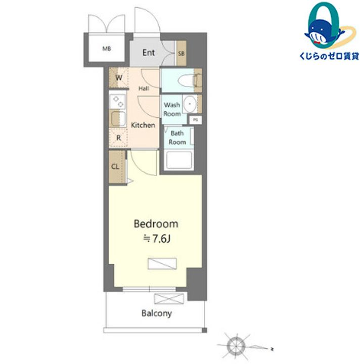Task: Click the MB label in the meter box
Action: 107,49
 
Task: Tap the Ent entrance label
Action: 149,53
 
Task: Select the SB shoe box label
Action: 182,54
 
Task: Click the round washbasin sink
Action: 190,104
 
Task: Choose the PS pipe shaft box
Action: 196,120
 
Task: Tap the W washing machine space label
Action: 119,77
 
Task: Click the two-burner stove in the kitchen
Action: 118,102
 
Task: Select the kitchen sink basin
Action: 118,118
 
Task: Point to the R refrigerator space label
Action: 119,138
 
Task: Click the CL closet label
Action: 115,167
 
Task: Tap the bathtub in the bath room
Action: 178,160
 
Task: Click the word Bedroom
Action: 156,224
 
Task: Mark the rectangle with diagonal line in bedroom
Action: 162,264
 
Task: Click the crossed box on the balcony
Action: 169,299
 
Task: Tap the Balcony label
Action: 157,313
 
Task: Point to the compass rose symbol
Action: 236,346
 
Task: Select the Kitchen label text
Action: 143,125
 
